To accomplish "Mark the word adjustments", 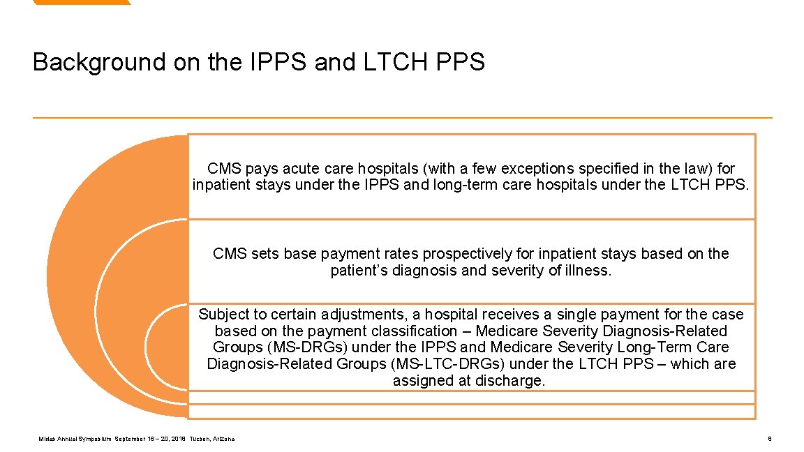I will point(367,315).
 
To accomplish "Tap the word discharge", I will point(509,381).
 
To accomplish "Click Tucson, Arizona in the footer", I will point(212,439).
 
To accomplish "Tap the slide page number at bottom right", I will point(768,439).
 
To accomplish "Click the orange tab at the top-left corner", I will point(80,2).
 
